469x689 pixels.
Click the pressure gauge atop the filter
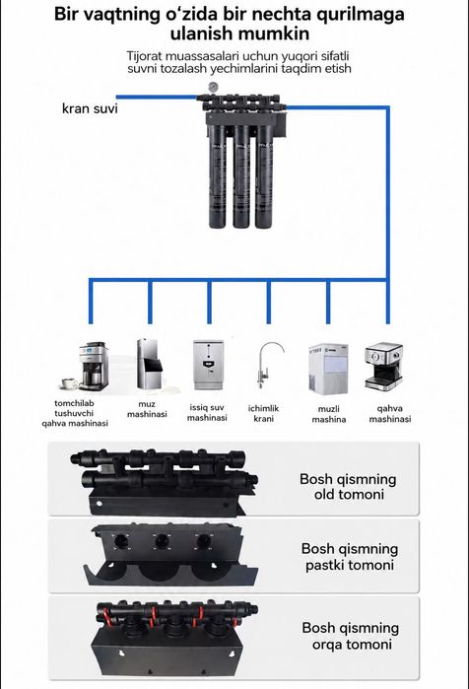(x=213, y=87)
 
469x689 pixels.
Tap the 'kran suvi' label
(x=90, y=108)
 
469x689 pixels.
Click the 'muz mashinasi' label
(x=147, y=409)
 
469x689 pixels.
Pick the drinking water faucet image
(x=269, y=365)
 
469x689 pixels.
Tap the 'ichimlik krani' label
(x=263, y=413)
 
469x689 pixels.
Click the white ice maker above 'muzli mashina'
(x=328, y=369)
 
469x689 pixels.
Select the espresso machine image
(x=384, y=366)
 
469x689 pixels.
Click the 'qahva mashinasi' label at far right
(x=390, y=413)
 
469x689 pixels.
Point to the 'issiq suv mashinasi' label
(x=207, y=413)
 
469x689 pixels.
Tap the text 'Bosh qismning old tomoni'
(x=348, y=486)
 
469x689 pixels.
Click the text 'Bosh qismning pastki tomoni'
(x=350, y=556)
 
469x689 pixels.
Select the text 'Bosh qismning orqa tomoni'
(x=351, y=636)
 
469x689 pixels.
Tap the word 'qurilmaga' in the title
(x=360, y=15)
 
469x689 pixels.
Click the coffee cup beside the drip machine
(x=69, y=383)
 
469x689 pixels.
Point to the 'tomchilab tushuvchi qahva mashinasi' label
(x=75, y=413)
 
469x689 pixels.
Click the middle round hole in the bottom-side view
(x=162, y=540)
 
